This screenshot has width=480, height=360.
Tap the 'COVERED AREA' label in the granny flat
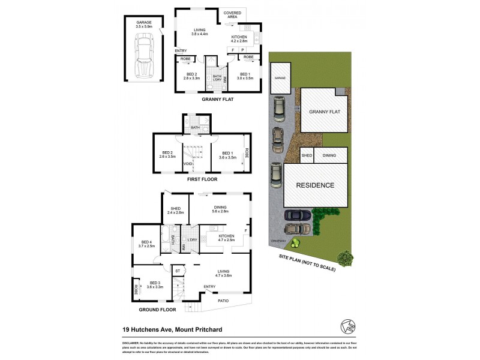point(232,16)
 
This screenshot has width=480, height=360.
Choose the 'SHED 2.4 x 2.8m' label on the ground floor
point(176,211)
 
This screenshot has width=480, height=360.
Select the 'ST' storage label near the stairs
point(178,271)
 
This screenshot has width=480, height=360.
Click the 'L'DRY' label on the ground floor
point(193,241)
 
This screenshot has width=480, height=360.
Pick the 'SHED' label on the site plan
point(306,155)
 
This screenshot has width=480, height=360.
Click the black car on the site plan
point(296,215)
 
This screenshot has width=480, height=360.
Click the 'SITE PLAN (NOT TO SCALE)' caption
point(306,263)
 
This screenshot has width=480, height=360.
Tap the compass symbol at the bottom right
point(346,325)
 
